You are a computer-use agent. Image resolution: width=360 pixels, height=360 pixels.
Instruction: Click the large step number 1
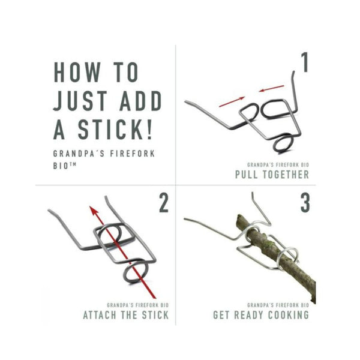304,62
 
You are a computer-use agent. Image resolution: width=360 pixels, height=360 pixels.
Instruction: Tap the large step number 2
164,203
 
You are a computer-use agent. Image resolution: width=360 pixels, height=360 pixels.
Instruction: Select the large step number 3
305,203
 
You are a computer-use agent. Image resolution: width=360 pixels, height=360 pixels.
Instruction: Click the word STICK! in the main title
115,129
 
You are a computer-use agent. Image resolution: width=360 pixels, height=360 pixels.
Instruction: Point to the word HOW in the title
77,72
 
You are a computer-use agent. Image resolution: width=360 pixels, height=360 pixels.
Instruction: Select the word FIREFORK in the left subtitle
132,154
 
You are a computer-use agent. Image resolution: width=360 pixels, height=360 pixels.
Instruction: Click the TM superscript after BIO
73,164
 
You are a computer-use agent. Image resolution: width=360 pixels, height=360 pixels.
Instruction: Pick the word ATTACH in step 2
100,315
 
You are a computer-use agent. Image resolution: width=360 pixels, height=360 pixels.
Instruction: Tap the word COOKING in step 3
289,315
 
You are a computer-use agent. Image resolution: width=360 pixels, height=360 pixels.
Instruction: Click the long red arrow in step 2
122,253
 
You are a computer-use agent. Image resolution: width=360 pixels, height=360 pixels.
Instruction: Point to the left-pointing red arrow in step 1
272,88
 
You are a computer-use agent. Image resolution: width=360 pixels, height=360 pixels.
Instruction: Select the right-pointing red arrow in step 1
232,102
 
